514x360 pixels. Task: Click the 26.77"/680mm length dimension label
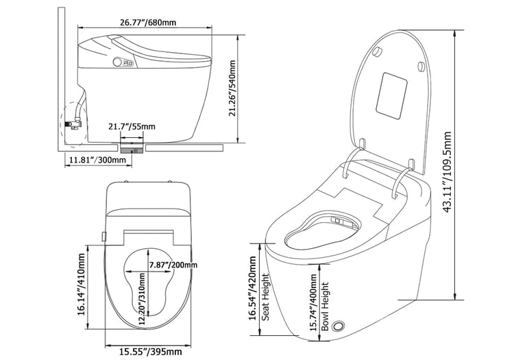148,23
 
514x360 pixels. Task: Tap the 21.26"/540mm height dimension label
232,88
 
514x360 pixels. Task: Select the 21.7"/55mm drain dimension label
132,126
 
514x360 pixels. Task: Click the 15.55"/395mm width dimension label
151,352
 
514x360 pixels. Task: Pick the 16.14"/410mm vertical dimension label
82,285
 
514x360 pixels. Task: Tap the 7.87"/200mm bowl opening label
173,265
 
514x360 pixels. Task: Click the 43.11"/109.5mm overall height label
448,172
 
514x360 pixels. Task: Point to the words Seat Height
265,298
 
